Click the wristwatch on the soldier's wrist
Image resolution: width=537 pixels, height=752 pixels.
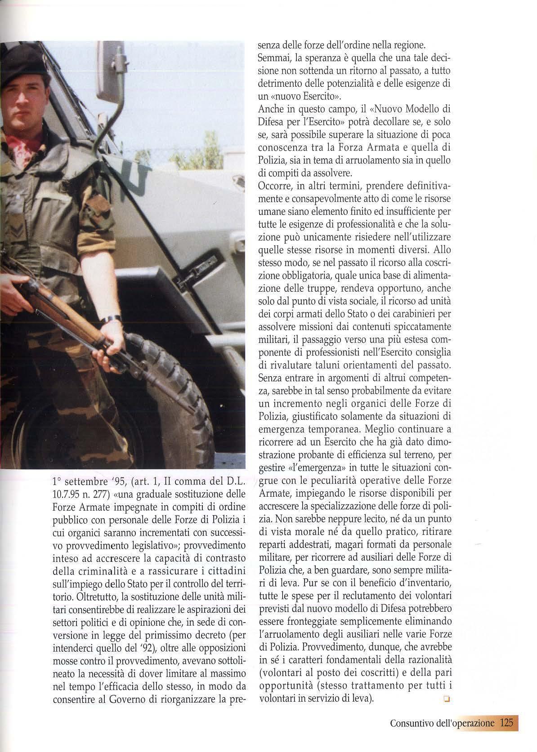[111, 319]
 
